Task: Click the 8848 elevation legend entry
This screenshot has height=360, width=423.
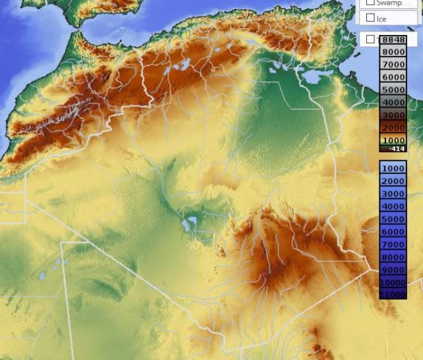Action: [394, 40]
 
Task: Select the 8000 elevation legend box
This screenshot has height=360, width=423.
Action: [394, 52]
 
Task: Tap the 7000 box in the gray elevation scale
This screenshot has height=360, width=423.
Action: [394, 64]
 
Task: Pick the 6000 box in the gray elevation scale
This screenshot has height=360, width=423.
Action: [394, 77]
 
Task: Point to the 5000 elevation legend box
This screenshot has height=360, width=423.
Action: [394, 90]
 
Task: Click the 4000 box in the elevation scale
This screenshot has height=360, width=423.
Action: [394, 103]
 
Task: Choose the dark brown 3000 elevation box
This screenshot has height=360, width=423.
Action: [394, 115]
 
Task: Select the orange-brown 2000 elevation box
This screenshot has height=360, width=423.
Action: [394, 127]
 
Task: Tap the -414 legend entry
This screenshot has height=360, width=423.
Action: [394, 148]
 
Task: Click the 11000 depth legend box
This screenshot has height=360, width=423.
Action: [393, 294]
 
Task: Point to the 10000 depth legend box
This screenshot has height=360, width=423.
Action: [393, 282]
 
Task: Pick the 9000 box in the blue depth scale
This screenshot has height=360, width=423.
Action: [393, 270]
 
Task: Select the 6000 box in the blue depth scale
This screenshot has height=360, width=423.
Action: [393, 231]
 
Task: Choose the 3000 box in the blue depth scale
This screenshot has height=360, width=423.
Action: [393, 194]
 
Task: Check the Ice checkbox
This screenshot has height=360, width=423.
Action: [370, 18]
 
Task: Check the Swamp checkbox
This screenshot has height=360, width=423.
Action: [370, 3]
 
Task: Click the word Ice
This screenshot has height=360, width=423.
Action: [381, 18]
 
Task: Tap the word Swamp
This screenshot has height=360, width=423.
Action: [389, 3]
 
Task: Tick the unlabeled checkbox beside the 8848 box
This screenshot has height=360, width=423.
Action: [370, 40]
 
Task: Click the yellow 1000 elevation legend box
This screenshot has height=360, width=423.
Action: [394, 140]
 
